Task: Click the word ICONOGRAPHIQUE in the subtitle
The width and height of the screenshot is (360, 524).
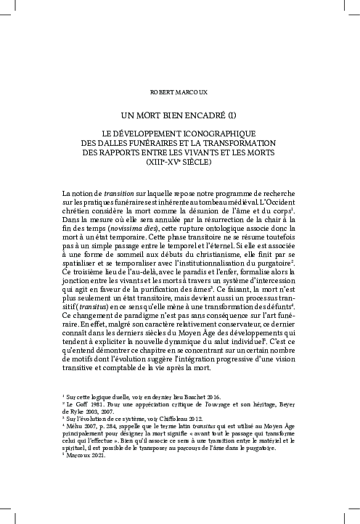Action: [x=219, y=134]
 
